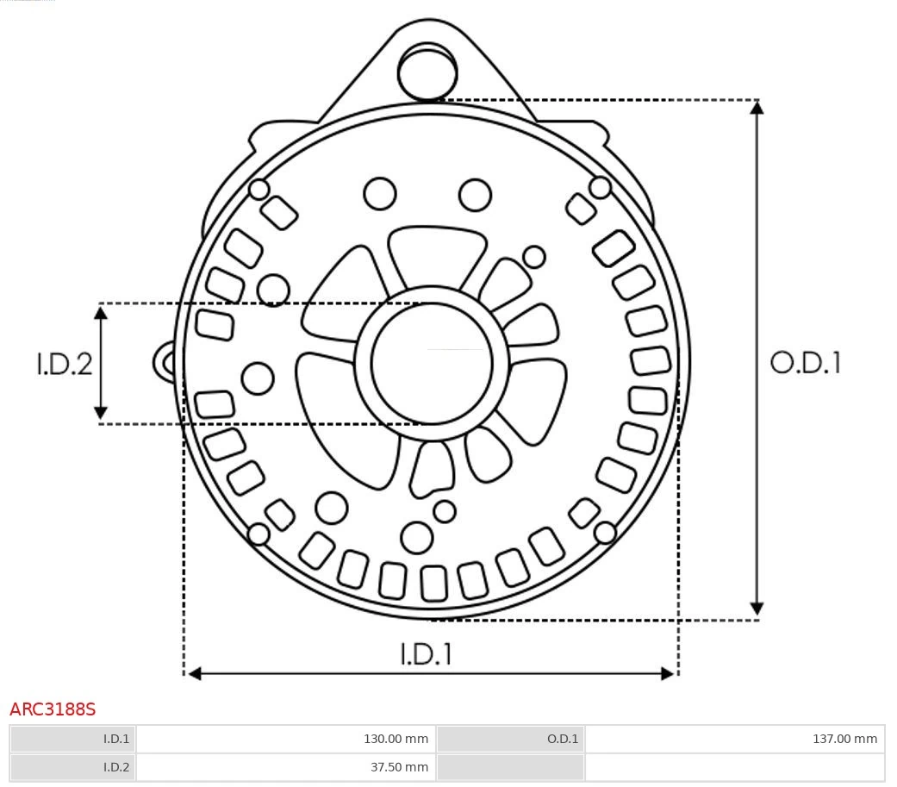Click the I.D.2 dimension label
pos(64,364)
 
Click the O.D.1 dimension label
pos(805,363)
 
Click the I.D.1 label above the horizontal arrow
pos(426,654)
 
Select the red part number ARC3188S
pos(53,709)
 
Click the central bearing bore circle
pos(432,364)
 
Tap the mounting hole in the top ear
pos(427,72)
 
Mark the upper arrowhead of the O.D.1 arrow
pos(757,107)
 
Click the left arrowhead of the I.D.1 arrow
pos(194,673)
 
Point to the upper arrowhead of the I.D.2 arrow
pos(101,312)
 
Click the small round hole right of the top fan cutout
pos(534,257)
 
